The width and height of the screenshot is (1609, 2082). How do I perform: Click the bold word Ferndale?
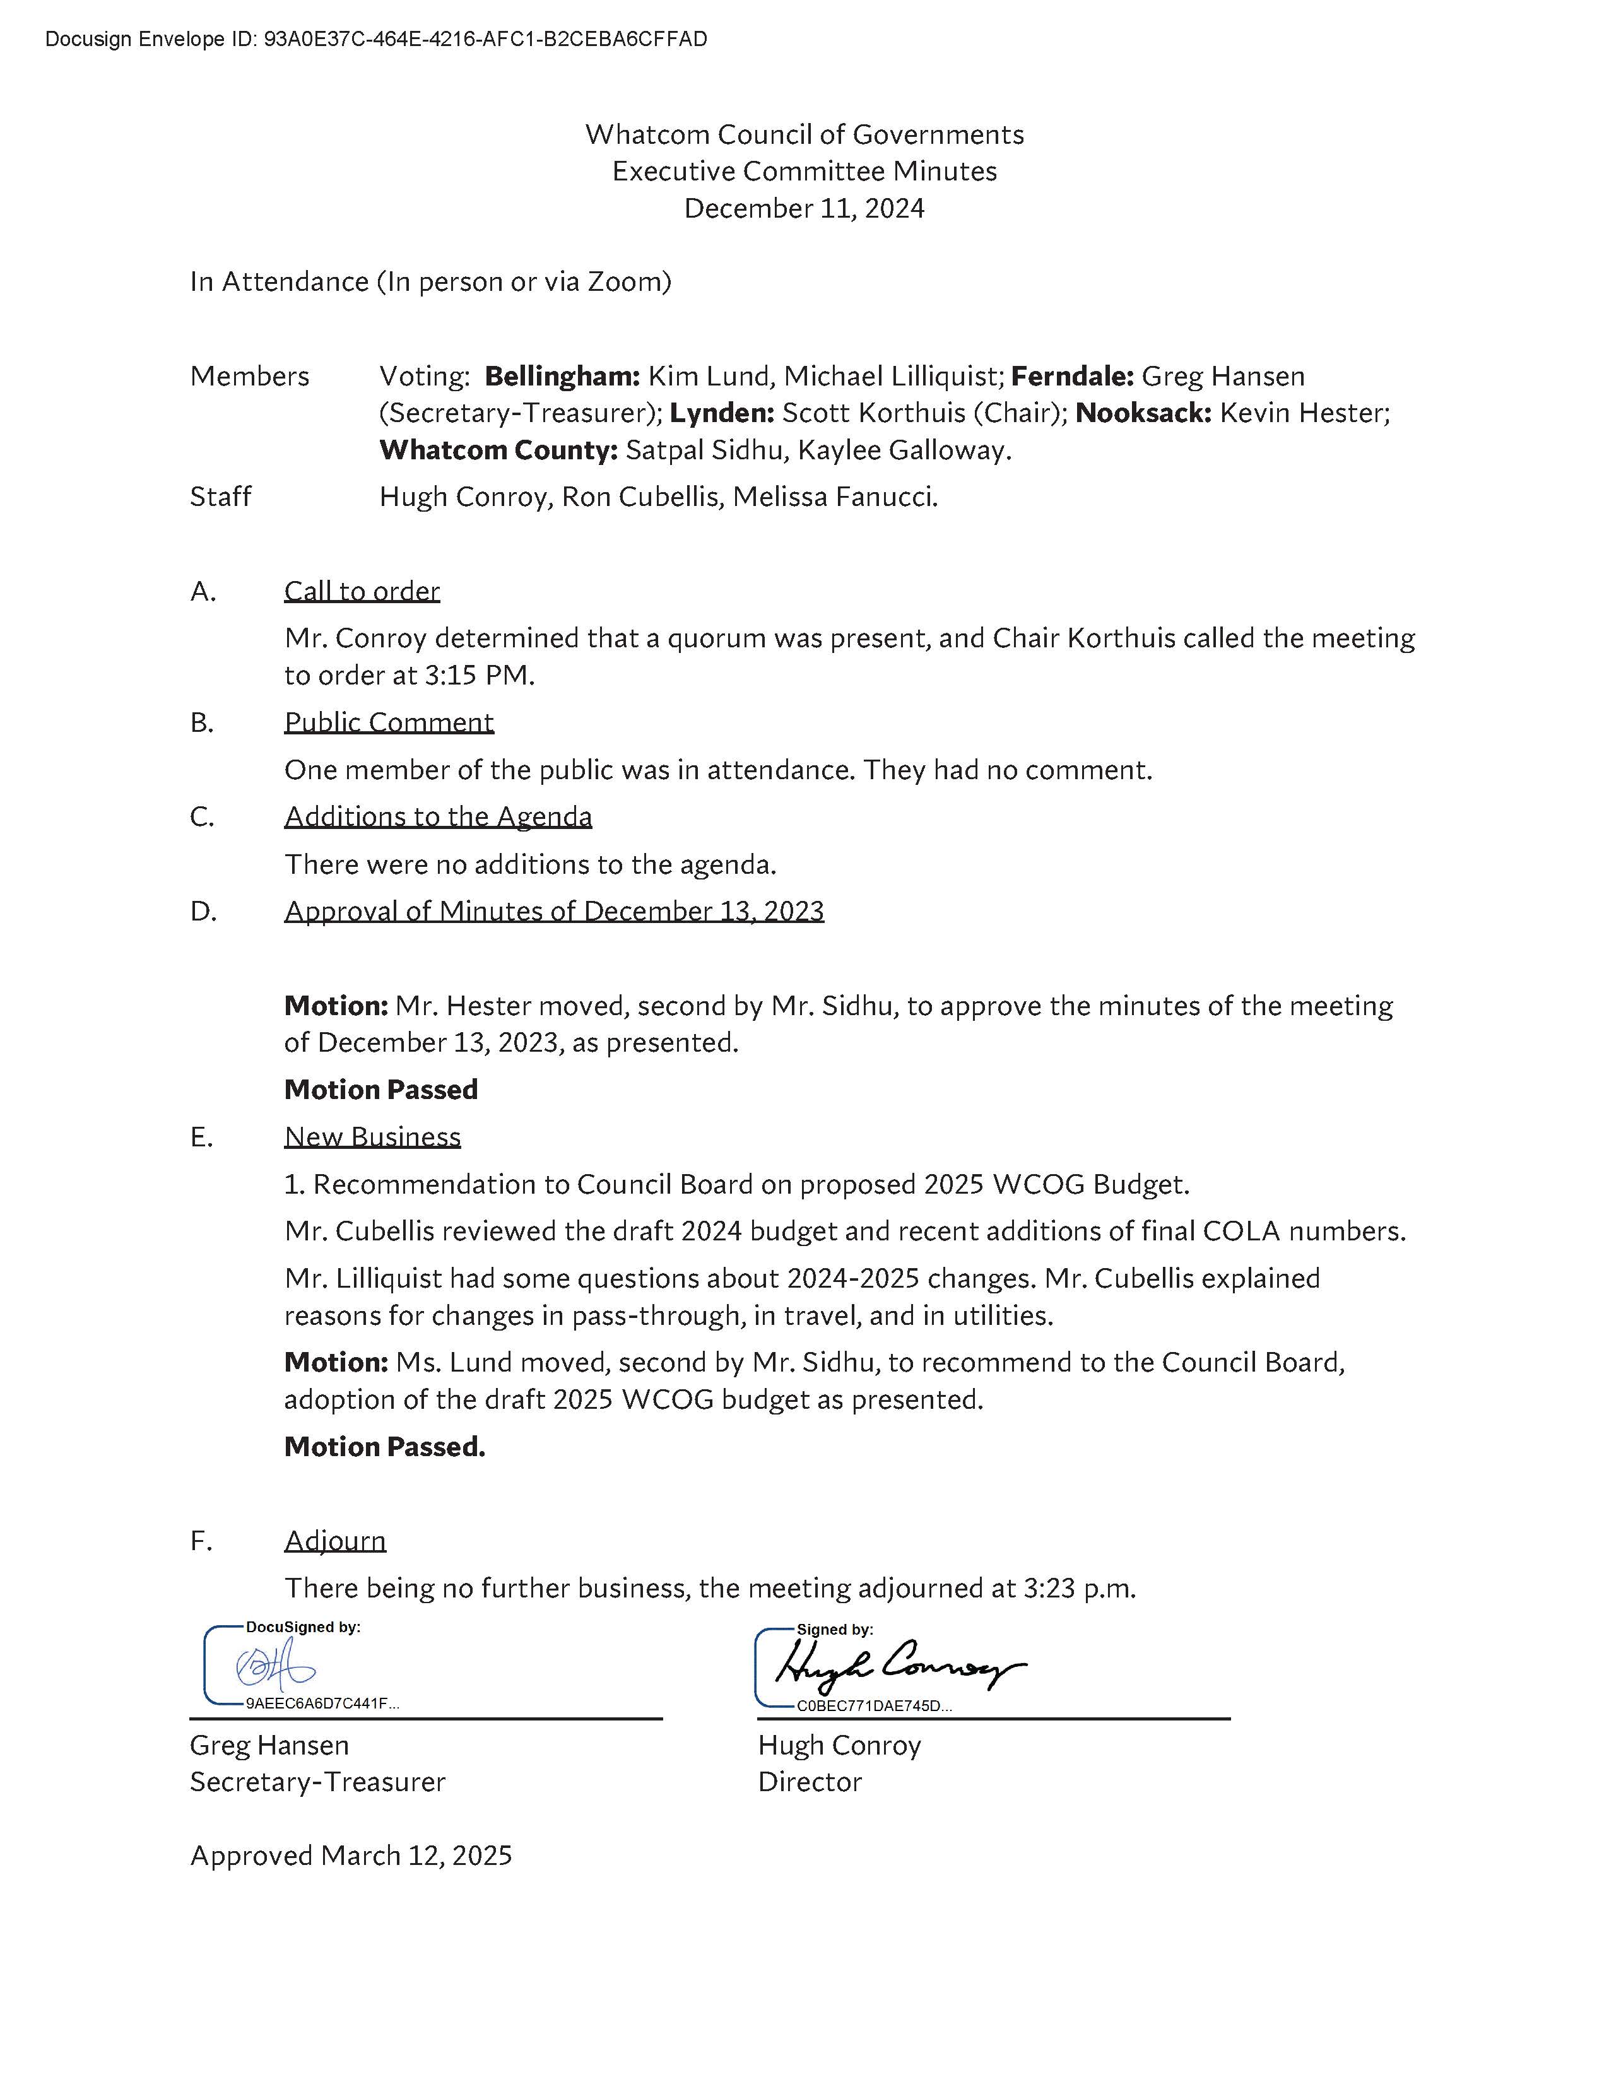tap(1071, 377)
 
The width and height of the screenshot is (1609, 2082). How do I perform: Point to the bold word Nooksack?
tap(1143, 413)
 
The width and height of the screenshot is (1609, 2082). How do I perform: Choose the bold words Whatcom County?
tap(498, 450)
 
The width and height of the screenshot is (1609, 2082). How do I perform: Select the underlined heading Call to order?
tap(362, 591)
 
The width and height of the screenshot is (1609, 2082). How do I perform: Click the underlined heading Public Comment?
tap(389, 722)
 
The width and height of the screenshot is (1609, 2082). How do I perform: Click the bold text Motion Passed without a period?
tap(381, 1090)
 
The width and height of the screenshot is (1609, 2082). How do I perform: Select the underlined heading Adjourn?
tap(336, 1541)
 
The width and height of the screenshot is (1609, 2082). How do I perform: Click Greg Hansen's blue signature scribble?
tap(274, 1666)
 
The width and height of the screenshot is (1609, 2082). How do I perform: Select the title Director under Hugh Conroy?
tap(810, 1782)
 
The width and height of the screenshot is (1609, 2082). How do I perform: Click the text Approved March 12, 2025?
tap(351, 1855)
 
